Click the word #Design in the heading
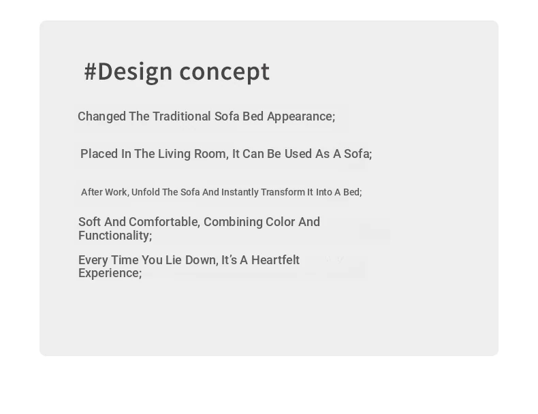[128, 71]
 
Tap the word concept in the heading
[225, 72]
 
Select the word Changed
[102, 116]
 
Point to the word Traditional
[182, 116]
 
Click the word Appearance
[301, 116]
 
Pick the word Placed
[99, 154]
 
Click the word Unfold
[146, 192]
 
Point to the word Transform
[283, 192]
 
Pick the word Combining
[233, 222]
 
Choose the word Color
[280, 222]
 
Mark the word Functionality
[115, 236]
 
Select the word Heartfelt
[276, 260]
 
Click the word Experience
[110, 273]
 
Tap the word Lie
[173, 260]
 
